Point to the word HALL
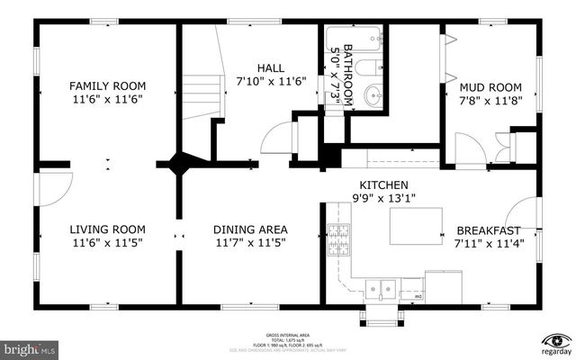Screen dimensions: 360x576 click(x=271, y=67)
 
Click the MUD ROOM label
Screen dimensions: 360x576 click(x=492, y=87)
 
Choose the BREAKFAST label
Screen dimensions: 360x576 click(x=488, y=229)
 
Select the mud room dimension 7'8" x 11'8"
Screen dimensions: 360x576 click(x=492, y=100)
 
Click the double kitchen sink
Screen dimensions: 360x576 click(x=382, y=289)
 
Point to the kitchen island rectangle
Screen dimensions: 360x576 click(x=417, y=225)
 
